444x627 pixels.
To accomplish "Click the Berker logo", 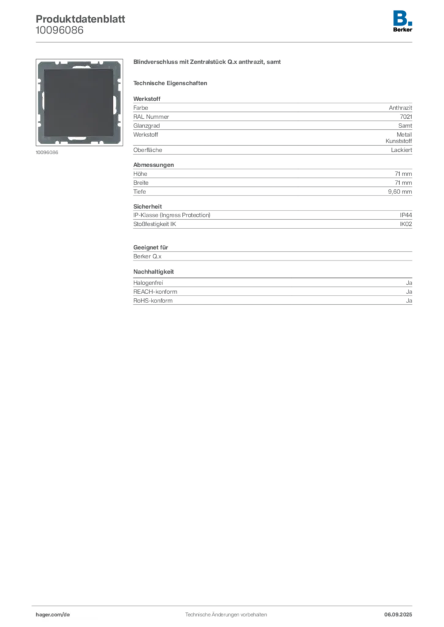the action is click(402, 21).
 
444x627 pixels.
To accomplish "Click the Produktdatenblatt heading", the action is click(80, 19).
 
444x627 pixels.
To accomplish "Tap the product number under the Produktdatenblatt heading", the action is click(59, 30).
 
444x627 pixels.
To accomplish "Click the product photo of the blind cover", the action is click(79, 102).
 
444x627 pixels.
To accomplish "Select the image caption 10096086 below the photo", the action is click(47, 152).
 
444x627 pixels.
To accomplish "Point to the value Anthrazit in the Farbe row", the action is click(400, 108).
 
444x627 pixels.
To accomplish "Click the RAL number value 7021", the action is click(406, 117).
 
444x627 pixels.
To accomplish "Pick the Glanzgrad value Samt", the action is click(405, 126).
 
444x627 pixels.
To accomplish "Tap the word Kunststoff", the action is click(399, 141).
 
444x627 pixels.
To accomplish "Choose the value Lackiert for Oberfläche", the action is click(402, 150).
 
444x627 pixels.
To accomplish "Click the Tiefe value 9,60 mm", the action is click(400, 192).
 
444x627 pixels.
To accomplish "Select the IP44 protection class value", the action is click(406, 215).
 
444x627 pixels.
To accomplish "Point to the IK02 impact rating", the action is click(406, 224).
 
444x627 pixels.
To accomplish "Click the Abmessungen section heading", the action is click(153, 165).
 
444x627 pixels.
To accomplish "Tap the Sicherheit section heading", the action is click(148, 206).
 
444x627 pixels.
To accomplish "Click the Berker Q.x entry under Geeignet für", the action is click(147, 257).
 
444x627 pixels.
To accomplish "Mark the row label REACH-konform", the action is click(155, 291).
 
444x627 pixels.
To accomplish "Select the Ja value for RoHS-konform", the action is click(409, 301).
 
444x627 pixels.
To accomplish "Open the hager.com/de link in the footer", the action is click(53, 615).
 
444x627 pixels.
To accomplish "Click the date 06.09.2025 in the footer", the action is click(398, 615).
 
